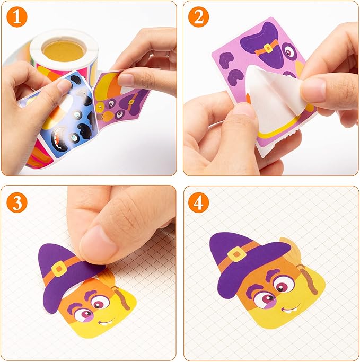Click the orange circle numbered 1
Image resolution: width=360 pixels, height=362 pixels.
pos(17,17)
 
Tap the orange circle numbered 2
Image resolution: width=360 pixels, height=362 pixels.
pos(198,17)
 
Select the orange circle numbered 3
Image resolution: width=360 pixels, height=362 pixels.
pos(17,202)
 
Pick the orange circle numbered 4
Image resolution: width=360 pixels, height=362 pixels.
pos(198,202)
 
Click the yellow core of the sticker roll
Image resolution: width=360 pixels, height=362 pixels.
pos(64,51)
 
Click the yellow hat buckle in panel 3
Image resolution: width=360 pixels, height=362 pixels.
pos(59,269)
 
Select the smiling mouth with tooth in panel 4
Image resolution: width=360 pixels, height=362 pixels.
pos(291,309)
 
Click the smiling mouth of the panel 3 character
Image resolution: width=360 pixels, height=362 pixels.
pos(107,322)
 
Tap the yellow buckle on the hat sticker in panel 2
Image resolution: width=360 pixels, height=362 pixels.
pos(268,48)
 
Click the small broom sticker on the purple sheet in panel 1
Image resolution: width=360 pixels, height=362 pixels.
pos(104,117)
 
